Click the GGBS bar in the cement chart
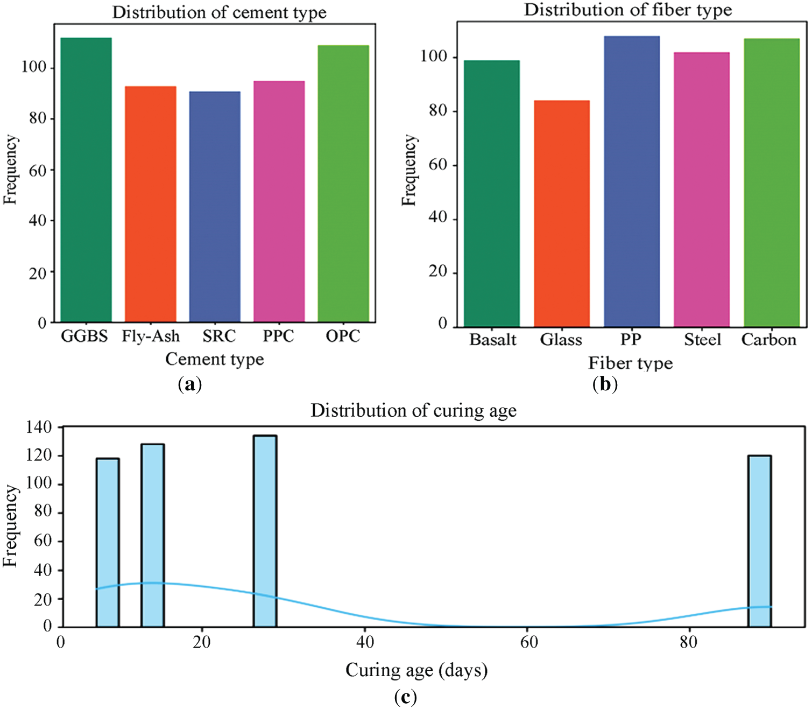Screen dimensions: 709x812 (x=86, y=180)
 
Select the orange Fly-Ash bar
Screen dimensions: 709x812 (x=150, y=205)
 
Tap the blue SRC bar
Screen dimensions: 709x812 (x=215, y=207)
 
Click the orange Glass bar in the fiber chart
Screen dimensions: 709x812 (x=562, y=214)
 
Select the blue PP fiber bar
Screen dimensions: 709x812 (x=632, y=181)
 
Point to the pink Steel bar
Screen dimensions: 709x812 (x=702, y=189)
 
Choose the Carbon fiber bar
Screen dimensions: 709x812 (x=772, y=183)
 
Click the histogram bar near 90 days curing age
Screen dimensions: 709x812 (x=759, y=541)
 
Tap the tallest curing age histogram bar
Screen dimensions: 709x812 (x=265, y=531)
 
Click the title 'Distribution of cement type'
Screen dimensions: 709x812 (x=219, y=12)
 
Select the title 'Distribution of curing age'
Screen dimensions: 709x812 (x=413, y=411)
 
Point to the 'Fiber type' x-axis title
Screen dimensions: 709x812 (x=630, y=363)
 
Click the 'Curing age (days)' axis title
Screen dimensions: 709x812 (x=416, y=670)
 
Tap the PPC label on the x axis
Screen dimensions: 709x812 (x=278, y=336)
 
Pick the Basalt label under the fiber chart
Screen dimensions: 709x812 (x=492, y=340)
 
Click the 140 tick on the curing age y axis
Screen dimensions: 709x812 (x=39, y=427)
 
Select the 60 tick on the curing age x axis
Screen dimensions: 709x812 (x=528, y=642)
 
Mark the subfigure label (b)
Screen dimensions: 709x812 (x=605, y=384)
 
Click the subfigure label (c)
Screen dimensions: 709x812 (x=405, y=698)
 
